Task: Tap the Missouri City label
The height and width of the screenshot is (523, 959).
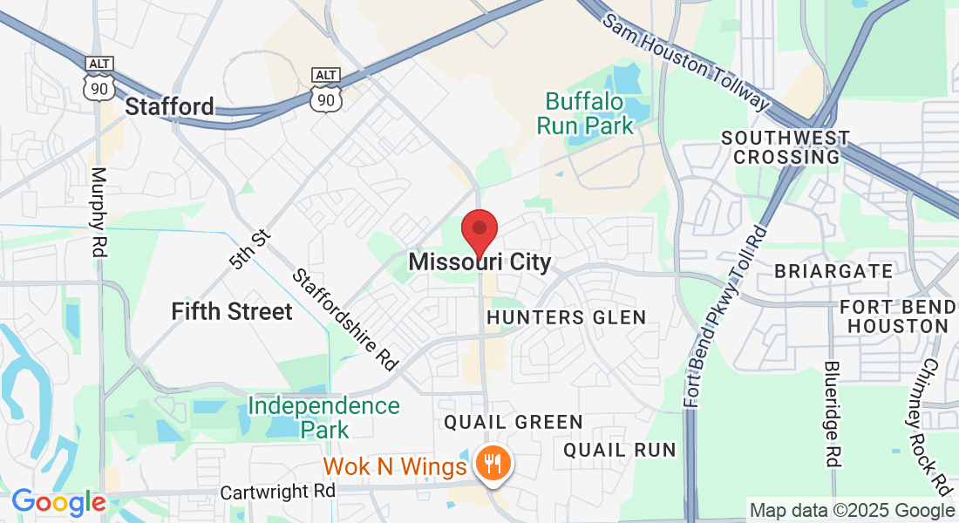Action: (479, 261)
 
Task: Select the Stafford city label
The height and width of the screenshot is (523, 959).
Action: (170, 107)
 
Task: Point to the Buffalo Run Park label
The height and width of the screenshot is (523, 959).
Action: (585, 114)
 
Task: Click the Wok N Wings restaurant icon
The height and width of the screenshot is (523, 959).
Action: (494, 462)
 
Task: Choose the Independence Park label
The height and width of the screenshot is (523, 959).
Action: (323, 417)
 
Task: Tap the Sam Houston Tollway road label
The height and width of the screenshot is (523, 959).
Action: (686, 63)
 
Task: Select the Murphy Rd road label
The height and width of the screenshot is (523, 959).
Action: (98, 212)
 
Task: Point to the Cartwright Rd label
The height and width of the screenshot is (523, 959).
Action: (277, 491)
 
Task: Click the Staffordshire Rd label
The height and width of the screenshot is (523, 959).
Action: (344, 320)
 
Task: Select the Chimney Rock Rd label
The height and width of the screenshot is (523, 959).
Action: (935, 425)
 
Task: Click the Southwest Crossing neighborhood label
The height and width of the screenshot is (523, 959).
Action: (786, 147)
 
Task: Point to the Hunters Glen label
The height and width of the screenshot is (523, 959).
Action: (567, 317)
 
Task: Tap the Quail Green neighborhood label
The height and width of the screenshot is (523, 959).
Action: (514, 423)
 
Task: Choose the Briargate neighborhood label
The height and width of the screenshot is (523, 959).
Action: (834, 271)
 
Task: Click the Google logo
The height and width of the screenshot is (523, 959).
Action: (58, 503)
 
